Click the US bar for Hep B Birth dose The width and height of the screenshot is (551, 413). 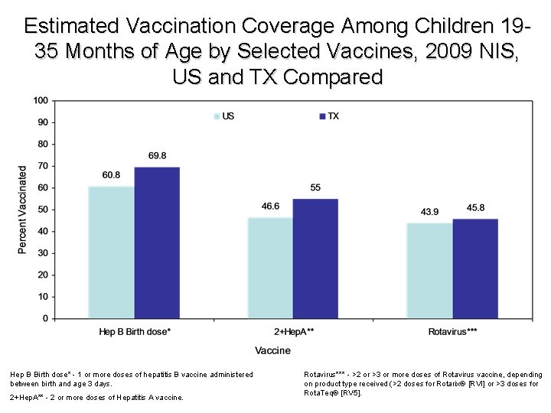coord(112,252)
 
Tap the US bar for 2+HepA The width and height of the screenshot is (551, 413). coord(270,267)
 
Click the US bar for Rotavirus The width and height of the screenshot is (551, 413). coord(429,270)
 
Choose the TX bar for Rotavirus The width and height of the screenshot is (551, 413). coord(474,268)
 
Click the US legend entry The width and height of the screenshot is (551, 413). coord(223,115)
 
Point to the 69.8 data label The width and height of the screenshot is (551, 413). coord(158,156)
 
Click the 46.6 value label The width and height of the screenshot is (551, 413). coord(270,206)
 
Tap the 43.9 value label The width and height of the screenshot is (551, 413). coord(429,212)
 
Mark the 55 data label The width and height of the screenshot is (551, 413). coord(315,188)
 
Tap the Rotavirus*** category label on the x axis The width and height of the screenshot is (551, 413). coord(452,331)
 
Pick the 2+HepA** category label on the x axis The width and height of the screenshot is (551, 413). coord(293,331)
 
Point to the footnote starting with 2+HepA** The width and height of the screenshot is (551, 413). coord(96,397)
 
